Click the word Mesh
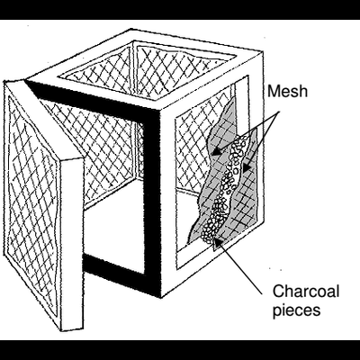(287, 91)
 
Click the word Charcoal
(306, 291)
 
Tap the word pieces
(296, 310)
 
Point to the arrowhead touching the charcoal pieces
(220, 241)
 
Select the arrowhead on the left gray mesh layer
(216, 151)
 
